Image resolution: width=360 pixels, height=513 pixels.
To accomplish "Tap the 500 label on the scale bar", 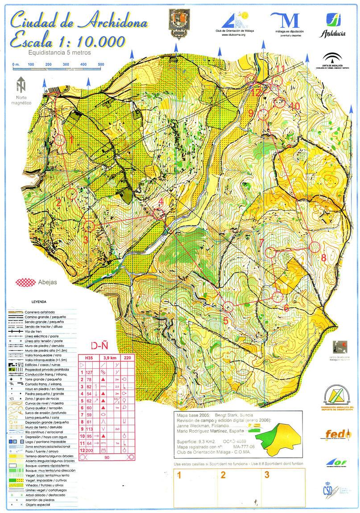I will pyautogui.click(x=101, y=65).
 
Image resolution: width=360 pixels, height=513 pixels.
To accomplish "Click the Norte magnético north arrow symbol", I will pyautogui.click(x=21, y=84).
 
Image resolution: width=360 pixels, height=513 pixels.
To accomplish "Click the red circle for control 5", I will pyautogui.click(x=228, y=306).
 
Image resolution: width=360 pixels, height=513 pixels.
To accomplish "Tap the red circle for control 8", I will pyautogui.click(x=315, y=247).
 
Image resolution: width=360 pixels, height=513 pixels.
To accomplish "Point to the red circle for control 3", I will pyautogui.click(x=89, y=226).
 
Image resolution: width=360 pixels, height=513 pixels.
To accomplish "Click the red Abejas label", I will pyautogui.click(x=49, y=282).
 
